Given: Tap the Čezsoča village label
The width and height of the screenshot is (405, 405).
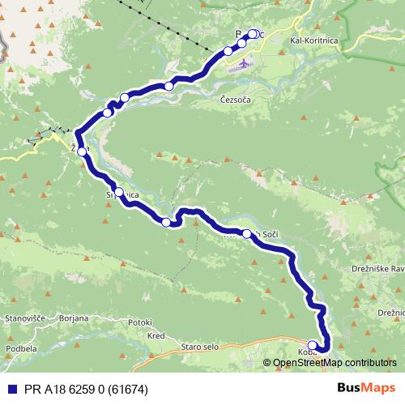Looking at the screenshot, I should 237,100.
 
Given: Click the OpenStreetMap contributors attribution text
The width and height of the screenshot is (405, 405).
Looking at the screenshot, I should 335,362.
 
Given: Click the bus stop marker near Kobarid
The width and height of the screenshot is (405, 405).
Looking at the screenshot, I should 313,345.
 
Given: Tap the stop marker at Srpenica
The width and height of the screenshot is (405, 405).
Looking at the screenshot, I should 119,193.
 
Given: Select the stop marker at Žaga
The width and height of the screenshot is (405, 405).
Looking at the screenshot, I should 82,151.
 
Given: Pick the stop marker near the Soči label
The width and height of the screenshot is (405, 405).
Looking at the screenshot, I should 247,233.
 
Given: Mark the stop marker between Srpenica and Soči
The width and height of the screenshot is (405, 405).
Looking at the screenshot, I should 166,222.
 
